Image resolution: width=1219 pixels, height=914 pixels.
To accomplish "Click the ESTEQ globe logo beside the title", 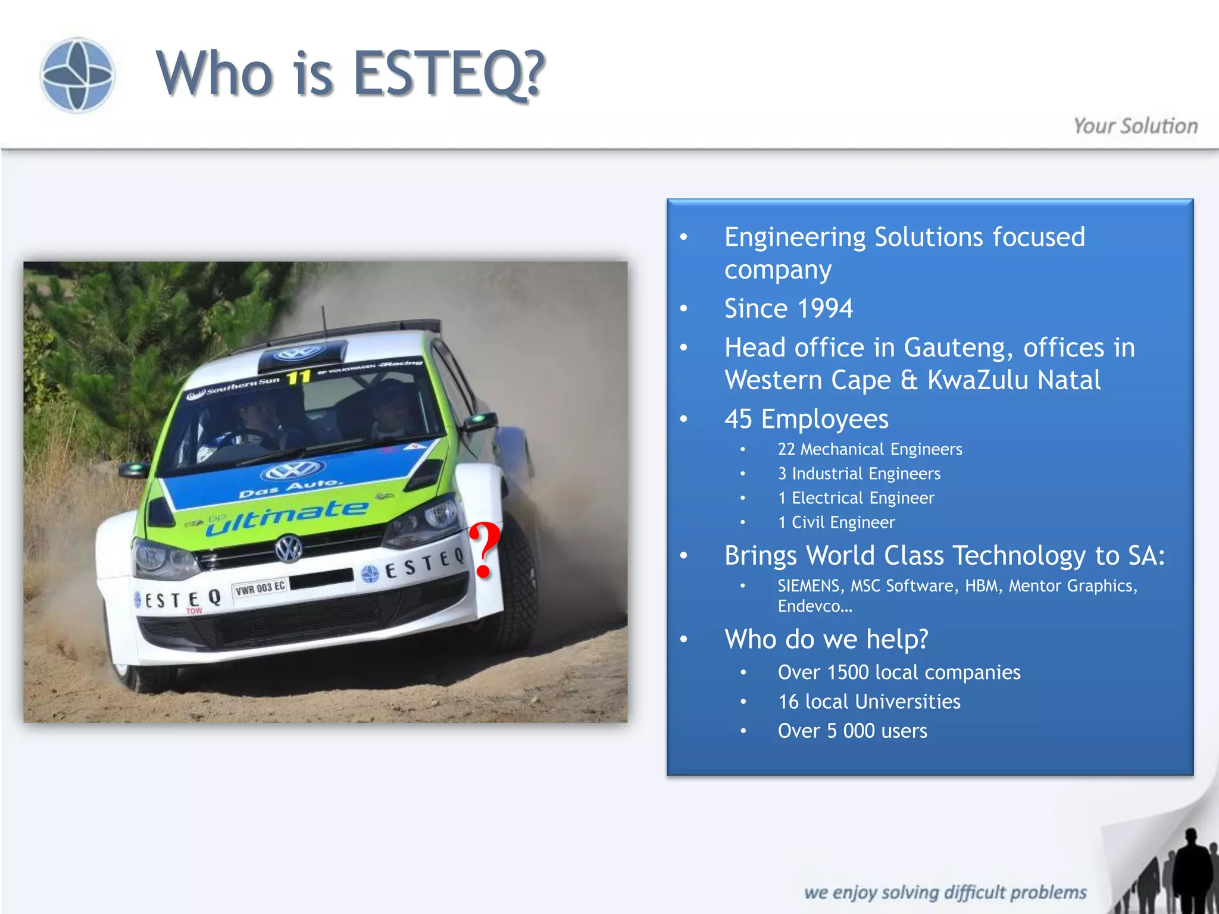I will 77,74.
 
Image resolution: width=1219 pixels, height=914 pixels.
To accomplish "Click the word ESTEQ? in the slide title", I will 449,73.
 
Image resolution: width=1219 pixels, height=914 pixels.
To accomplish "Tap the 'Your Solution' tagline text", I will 1135,126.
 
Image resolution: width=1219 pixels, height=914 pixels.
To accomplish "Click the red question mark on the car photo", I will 485,550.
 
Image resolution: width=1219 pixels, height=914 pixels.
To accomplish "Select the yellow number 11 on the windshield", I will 298,377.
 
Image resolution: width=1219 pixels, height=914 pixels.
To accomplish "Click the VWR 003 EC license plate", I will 260,589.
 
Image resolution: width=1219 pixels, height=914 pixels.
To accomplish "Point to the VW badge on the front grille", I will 289,548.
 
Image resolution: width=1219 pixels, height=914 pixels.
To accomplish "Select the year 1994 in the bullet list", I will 824,308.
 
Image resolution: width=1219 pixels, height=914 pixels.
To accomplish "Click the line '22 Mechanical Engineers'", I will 869,449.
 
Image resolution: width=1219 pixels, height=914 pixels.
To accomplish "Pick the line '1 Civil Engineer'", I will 836,522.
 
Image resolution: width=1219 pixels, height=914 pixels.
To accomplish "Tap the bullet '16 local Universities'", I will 868,702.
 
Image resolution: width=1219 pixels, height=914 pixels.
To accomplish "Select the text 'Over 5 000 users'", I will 852,731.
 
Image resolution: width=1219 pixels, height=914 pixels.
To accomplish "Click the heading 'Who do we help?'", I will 826,639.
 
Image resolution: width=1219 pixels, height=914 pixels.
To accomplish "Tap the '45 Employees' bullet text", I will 806,419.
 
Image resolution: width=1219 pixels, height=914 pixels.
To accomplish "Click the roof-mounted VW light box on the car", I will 301,353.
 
